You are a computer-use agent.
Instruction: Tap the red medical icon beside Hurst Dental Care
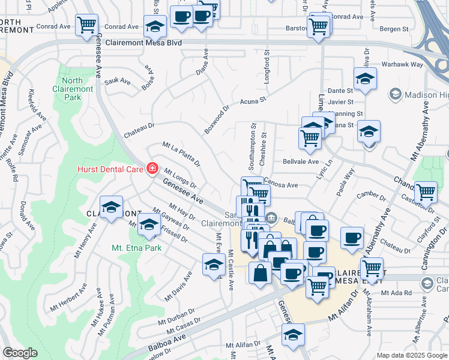pos(152,169)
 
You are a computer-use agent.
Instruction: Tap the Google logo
pos(20,353)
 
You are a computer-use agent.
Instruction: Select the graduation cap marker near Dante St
pos(365,79)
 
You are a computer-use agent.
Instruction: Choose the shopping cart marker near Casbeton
pos(425,192)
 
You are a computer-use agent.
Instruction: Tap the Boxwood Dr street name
pos(216,120)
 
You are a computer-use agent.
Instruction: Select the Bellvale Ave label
pos(300,161)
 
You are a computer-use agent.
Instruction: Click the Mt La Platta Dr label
pos(181,154)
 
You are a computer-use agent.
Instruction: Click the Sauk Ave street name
pos(117,81)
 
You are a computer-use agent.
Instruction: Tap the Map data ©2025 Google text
pos(411,355)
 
